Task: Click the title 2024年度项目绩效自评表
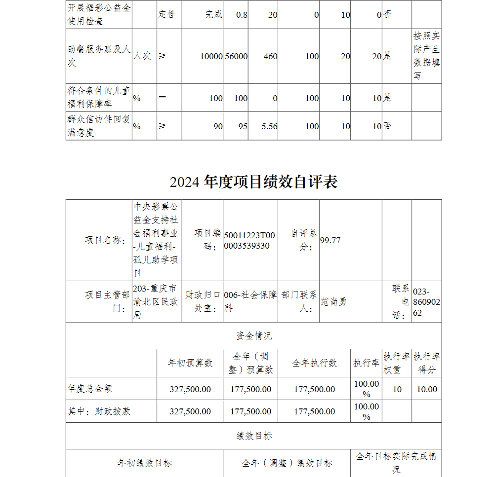pos(253,182)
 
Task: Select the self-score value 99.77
pos(330,240)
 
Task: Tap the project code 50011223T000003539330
pos(250,241)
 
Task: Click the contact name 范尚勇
pos(334,301)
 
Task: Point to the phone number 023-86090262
pos(426,302)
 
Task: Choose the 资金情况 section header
pos(253,336)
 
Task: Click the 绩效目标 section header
pos(253,436)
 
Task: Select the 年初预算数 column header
pos(190,363)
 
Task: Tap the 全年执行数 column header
pos(315,363)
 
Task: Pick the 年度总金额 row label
pos(90,389)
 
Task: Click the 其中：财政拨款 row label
pos(99,411)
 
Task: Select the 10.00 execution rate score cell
pos(427,389)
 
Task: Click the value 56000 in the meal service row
pos(236,56)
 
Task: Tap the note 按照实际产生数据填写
pos(426,56)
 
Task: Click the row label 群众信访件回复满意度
pos(99,126)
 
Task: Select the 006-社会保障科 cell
pos(250,301)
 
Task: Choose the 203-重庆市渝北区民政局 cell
pos(157,301)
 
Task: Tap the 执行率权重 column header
pos(397,363)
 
